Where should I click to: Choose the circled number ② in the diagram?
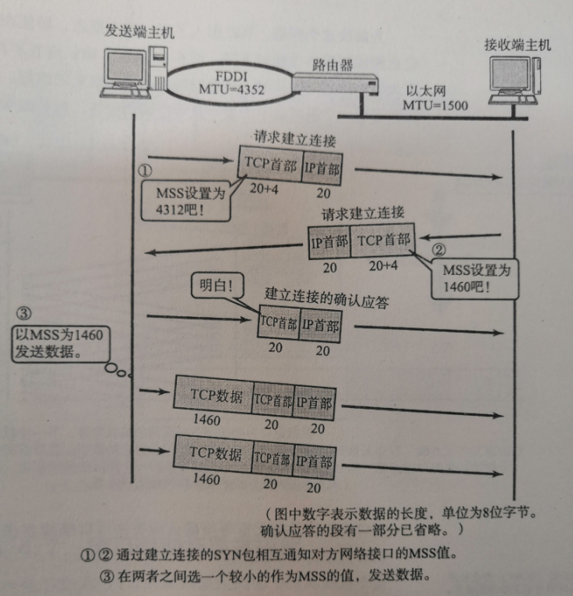click(439, 251)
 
